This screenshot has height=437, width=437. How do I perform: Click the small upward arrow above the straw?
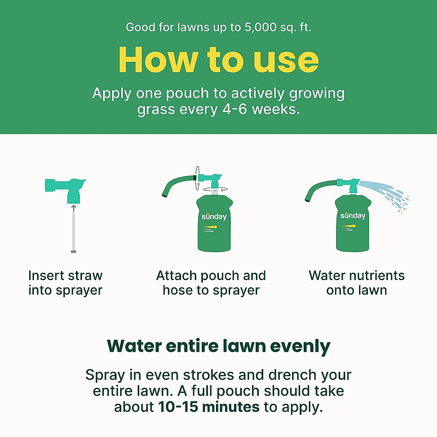click(74, 208)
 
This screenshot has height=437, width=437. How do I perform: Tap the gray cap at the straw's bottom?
click(74, 251)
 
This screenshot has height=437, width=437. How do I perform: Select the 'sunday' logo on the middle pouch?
click(214, 217)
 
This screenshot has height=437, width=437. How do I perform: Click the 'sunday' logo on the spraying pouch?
click(353, 216)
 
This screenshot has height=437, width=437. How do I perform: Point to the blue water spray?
click(386, 193)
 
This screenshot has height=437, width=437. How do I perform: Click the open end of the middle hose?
click(165, 196)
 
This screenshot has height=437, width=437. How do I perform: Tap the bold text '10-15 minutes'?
click(209, 407)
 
